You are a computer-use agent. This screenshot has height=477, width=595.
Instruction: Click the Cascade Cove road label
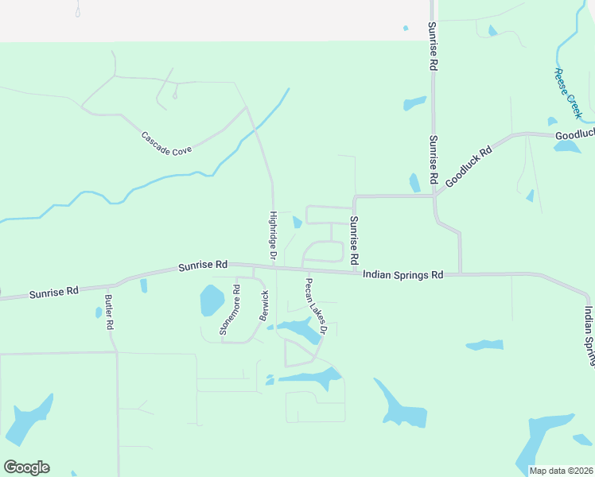[x=166, y=143]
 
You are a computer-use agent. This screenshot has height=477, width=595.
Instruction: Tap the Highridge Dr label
[x=272, y=236]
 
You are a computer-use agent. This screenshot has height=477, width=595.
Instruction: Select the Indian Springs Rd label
[x=402, y=274]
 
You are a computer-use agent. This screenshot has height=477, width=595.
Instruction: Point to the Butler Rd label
[x=109, y=312]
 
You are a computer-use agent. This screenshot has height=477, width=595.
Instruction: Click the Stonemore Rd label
[x=235, y=310]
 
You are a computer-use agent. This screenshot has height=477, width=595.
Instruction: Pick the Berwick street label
[x=265, y=306]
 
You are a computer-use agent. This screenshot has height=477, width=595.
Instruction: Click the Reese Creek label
[x=568, y=93]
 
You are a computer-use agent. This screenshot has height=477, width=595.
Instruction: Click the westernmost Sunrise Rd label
[x=54, y=293]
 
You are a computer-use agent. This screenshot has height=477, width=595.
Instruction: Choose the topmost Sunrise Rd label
[x=433, y=48]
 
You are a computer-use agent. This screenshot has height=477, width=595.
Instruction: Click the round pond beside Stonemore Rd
[x=212, y=301]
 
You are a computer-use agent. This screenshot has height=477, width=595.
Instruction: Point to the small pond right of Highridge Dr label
[x=297, y=222]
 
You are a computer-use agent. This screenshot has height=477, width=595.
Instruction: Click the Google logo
[x=26, y=467]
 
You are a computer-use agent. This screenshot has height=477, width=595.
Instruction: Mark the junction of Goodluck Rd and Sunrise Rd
[x=434, y=194]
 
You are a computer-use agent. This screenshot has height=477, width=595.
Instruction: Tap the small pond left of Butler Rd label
[x=99, y=312]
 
